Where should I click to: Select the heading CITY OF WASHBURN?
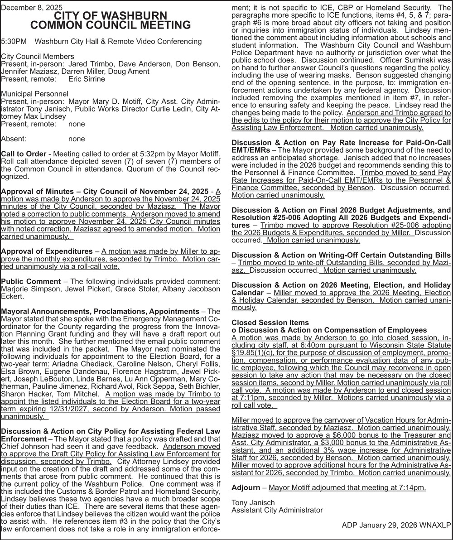click(x=111, y=16)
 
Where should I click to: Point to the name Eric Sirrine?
click(x=87, y=79)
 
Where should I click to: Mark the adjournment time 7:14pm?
click(x=413, y=487)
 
